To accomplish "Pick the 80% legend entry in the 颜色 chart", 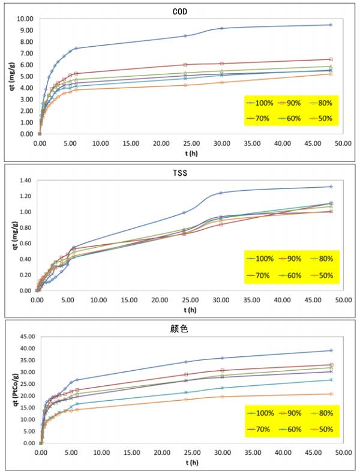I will pyautogui.click(x=324, y=415).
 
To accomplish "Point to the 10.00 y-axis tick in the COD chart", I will pyautogui.click(x=24, y=19).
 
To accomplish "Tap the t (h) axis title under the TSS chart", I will pyautogui.click(x=188, y=310).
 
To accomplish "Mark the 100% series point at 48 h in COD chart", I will pyautogui.click(x=331, y=25).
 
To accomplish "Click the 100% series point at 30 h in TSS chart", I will pyautogui.click(x=221, y=193).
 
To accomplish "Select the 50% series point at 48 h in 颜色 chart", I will pyautogui.click(x=331, y=394).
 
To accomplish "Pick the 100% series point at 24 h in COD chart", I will pyautogui.click(x=185, y=35).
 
